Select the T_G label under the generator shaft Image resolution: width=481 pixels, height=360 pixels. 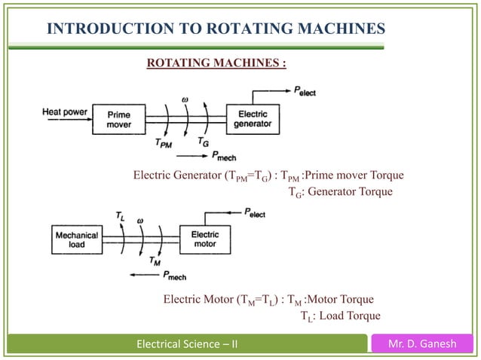(204, 142)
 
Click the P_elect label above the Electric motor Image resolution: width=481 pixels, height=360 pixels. (253, 214)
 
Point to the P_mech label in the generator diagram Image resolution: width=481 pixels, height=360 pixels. (223, 156)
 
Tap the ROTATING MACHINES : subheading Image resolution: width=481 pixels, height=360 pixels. (216, 61)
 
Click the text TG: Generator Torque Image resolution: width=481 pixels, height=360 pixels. (342, 191)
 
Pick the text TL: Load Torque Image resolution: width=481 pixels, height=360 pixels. (340, 315)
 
